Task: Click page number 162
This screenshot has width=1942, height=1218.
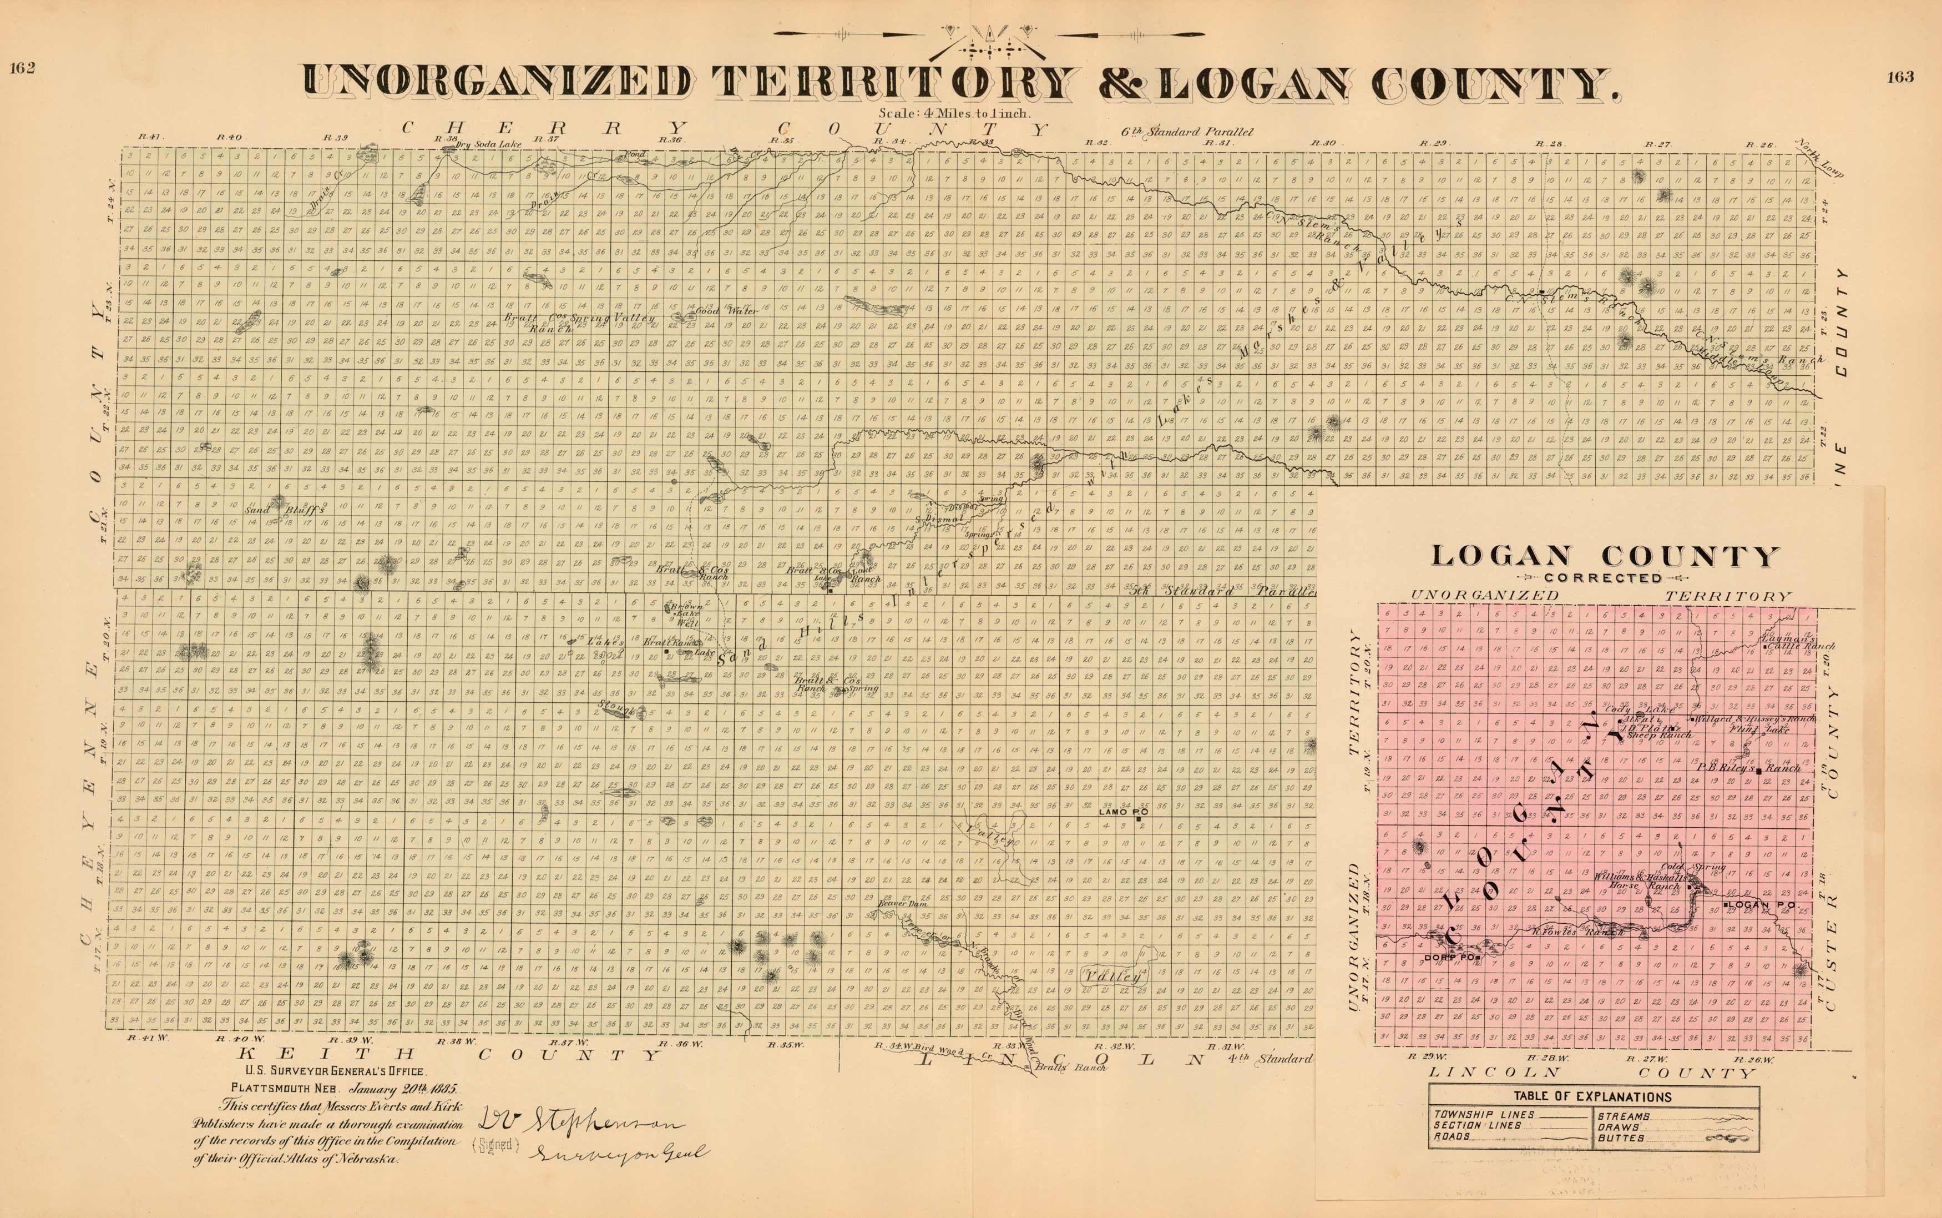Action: tap(22, 68)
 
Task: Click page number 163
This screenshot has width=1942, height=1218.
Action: tap(1899, 77)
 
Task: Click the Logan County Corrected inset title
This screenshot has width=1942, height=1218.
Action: tap(1605, 559)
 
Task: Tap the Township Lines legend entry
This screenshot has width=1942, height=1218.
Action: tap(1473, 1115)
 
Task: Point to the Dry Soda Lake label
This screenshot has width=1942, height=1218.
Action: tap(488, 144)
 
